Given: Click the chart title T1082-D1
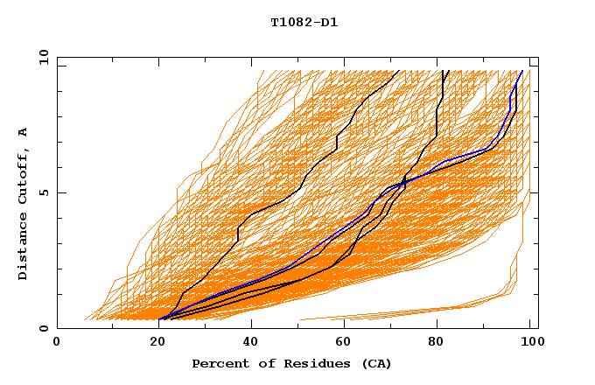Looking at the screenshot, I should [304, 22].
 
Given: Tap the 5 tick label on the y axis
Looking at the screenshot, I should [43, 192].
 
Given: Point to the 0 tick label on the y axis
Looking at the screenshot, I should [43, 328].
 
